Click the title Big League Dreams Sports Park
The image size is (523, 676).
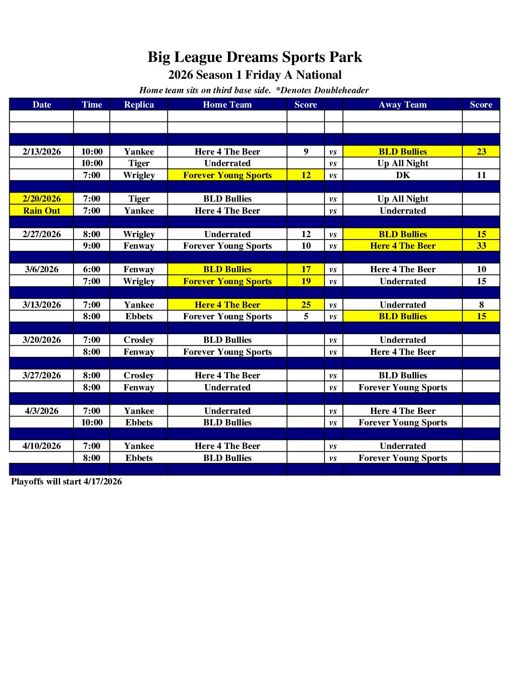254,57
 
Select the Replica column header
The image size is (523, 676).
139,105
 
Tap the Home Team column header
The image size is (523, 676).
227,105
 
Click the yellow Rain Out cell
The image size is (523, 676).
42,211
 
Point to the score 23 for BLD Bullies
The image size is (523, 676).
481,152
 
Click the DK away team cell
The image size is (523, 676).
403,175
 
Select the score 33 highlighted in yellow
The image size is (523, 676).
481,246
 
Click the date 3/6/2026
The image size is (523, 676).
42,269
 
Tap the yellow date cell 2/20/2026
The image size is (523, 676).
42,199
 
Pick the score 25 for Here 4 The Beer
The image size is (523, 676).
306,305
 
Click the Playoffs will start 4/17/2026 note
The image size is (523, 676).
66,482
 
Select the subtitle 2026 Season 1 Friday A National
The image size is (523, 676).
255,75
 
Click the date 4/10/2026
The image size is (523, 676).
42,446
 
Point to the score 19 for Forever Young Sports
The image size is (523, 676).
306,281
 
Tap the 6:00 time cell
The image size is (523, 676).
92,269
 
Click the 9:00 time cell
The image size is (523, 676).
92,246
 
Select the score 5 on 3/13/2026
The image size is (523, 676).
306,316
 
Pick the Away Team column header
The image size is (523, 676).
403,105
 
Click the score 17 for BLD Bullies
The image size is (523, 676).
306,269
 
